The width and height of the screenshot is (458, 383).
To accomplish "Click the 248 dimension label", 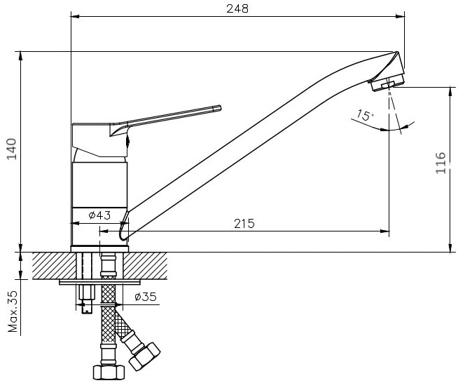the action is click(x=237, y=8).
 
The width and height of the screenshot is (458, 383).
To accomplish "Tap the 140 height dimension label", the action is click(x=13, y=149).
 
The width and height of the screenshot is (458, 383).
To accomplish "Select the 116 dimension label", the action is click(x=440, y=163).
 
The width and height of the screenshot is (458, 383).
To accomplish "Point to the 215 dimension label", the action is click(x=244, y=224).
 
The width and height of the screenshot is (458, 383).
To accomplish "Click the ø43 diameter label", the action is click(x=99, y=215).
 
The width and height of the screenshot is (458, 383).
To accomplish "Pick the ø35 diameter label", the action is click(x=146, y=297).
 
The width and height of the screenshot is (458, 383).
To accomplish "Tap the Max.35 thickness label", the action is click(x=13, y=311).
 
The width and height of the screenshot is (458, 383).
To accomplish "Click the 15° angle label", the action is click(x=365, y=115).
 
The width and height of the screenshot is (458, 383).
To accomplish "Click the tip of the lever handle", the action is click(x=220, y=107).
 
